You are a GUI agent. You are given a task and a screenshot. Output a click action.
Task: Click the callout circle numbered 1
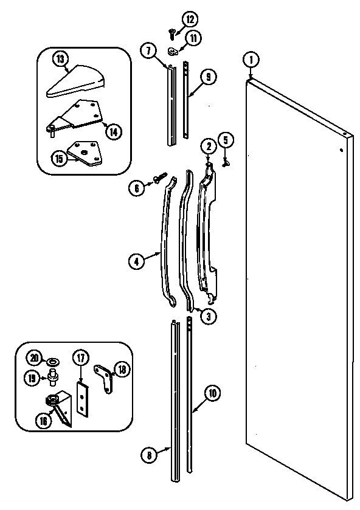coord(250,60)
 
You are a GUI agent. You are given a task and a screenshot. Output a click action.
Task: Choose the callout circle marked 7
coord(148,50)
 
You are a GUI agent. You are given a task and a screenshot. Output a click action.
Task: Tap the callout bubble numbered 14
coord(111,129)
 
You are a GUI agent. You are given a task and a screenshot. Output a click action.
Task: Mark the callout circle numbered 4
coord(136,262)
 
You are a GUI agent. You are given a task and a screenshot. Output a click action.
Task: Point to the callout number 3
coord(208,315)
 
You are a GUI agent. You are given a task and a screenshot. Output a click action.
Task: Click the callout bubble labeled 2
coord(207,145)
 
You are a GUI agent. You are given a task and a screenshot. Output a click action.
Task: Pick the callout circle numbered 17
coord(80,358)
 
